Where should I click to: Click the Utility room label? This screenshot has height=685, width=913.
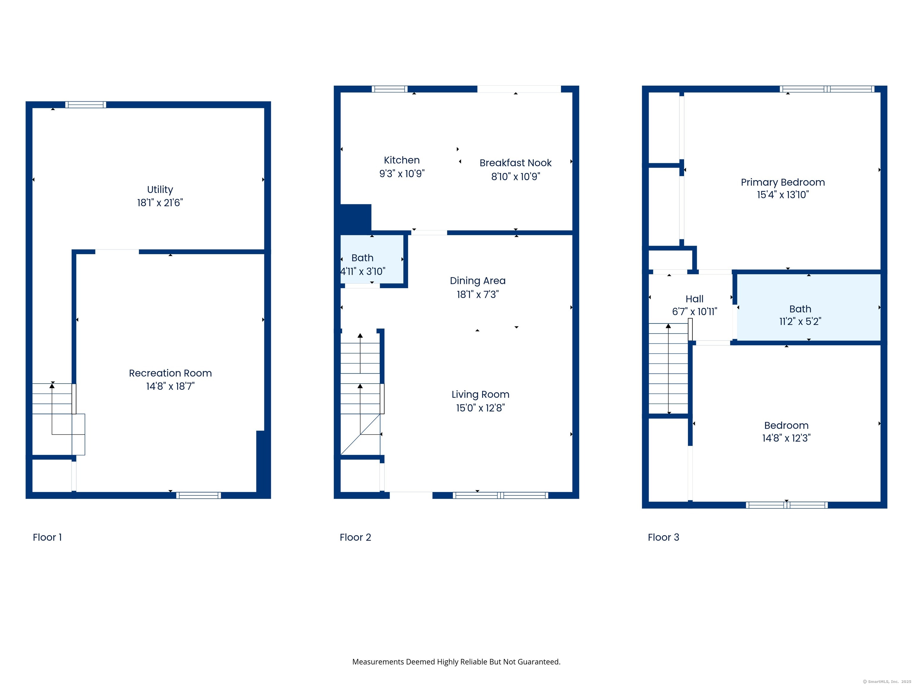pos(160,189)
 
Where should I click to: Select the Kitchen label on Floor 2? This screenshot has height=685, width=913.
pos(402,160)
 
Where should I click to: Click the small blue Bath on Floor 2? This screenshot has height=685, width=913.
pos(372,259)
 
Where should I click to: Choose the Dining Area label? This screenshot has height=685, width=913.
pos(478,281)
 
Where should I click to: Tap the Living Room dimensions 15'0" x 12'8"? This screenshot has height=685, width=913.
pos(481,408)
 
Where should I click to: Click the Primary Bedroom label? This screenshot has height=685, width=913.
pos(783,183)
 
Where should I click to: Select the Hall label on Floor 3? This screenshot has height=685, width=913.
pos(694,299)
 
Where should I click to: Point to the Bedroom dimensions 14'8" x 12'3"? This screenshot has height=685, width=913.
pos(786,438)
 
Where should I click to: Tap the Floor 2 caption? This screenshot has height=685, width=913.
pos(355,537)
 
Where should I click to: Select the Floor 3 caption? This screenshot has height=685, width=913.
pos(663,537)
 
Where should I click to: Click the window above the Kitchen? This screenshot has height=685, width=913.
pos(389,89)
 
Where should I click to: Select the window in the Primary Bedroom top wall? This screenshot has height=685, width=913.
pos(827,89)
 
